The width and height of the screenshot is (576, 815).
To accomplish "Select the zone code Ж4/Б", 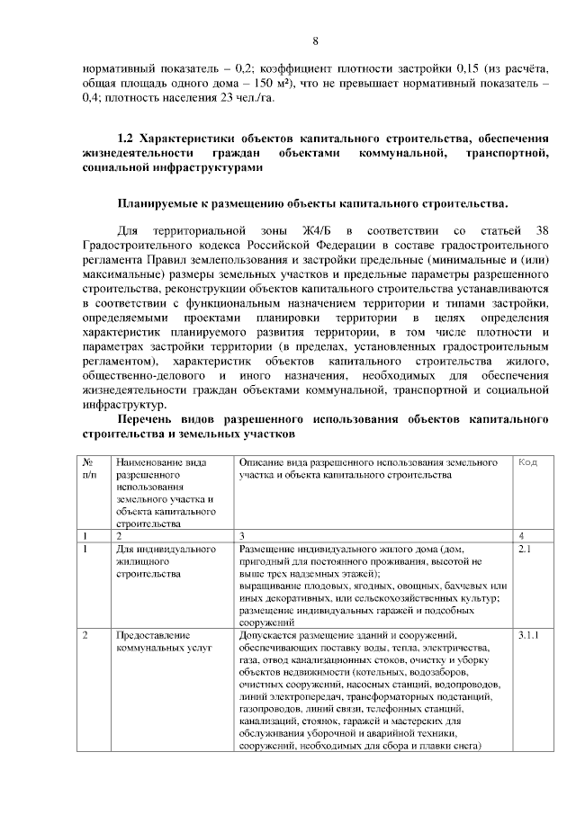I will [x=322, y=231].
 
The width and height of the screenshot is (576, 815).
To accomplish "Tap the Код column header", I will [x=528, y=461].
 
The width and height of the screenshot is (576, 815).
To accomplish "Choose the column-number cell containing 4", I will [x=522, y=535].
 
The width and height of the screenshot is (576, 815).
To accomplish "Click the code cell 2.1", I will [x=526, y=547].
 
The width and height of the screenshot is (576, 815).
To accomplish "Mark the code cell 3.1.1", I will [x=529, y=636].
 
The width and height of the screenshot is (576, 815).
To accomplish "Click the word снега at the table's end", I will [x=468, y=745].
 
